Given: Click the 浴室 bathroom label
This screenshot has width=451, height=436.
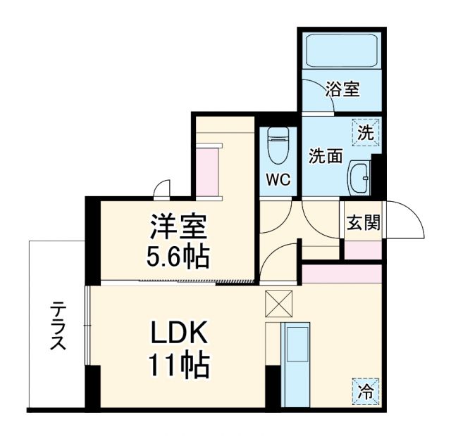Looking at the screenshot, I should click(343, 89).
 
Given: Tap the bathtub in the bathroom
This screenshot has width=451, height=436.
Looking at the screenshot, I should click(342, 50).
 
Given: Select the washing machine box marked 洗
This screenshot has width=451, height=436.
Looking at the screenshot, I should click(365, 132).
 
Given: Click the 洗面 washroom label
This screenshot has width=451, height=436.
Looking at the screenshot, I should click(326, 156).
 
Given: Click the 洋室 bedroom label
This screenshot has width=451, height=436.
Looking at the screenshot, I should click(178, 229).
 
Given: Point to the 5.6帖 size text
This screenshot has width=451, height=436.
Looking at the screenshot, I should click(178, 257).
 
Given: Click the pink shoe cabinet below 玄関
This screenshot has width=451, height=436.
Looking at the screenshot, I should click(363, 249).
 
